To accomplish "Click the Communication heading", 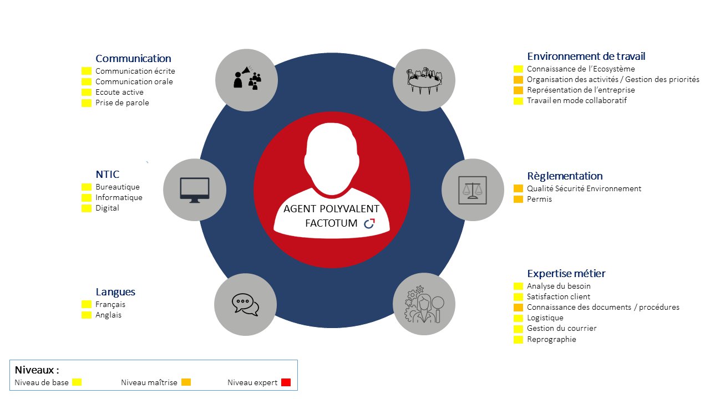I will [133, 58].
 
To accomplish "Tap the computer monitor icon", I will [195, 190].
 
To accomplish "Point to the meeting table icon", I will [424, 80].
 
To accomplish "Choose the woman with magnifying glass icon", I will [424, 304].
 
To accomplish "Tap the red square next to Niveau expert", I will [286, 382].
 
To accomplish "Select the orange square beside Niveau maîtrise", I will [186, 382].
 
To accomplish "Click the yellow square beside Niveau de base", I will [77, 382].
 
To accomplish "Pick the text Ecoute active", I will [119, 92].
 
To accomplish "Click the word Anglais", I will [108, 315].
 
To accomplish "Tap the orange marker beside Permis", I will [518, 199].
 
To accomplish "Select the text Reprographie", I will [551, 339].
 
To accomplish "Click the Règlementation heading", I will [565, 176].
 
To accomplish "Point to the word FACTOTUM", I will [331, 223].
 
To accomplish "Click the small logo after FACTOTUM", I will [369, 223].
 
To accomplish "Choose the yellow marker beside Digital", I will [86, 208].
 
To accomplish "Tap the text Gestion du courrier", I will [561, 328].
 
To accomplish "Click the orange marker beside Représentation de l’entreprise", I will [518, 90].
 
